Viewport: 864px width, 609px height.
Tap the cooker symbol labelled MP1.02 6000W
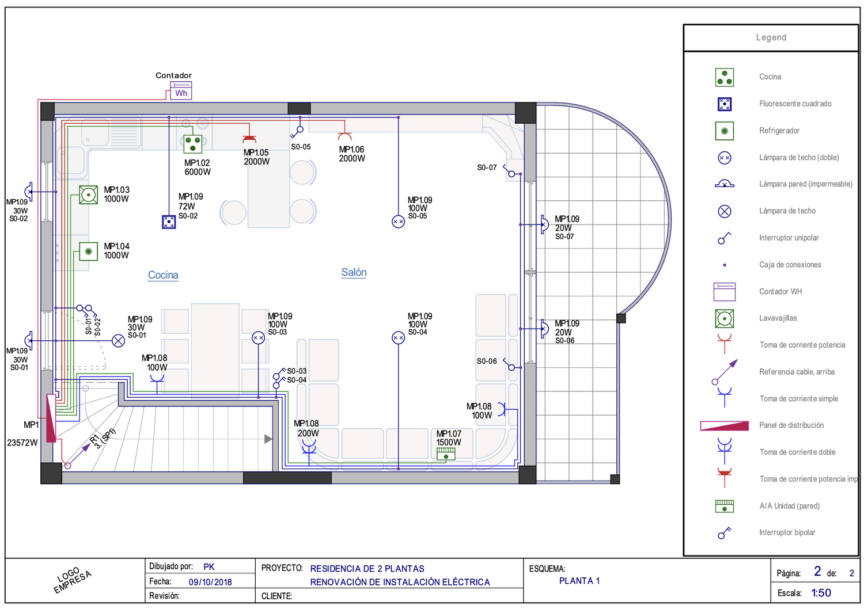pos(192,144)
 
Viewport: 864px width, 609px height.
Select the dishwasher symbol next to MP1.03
pos(88,195)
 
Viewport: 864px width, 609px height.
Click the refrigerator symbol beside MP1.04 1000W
pos(88,252)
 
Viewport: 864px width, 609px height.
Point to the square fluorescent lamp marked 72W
pos(169,222)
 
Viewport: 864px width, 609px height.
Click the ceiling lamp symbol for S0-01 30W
pos(119,341)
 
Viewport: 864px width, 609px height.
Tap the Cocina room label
pos(163,275)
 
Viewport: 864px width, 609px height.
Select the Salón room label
pos(354,272)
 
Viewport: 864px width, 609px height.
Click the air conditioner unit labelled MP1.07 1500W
pos(446,454)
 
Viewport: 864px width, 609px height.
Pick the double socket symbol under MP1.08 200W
pos(309,451)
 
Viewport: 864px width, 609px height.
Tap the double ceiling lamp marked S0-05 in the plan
pos(398,222)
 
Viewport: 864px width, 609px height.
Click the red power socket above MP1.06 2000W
pos(344,136)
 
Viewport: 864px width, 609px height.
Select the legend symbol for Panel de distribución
pos(725,425)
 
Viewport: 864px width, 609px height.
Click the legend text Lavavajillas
pos(778,318)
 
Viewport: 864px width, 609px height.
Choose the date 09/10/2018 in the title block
pos(210,582)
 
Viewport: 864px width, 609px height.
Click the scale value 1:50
pos(821,593)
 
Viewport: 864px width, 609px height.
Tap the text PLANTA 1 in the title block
pos(579,581)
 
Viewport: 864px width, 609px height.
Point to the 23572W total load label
pos(22,443)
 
